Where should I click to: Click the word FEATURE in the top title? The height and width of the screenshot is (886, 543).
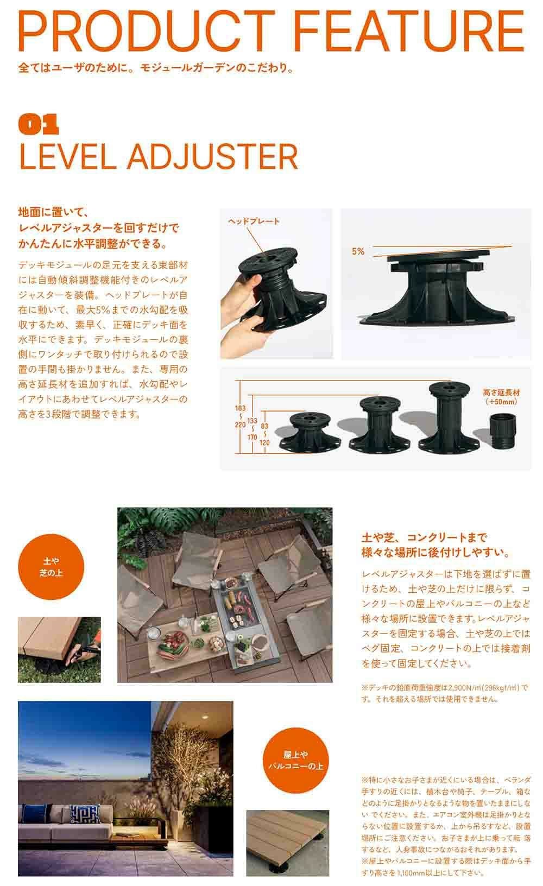click(409, 31)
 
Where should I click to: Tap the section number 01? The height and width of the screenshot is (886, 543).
click(39, 124)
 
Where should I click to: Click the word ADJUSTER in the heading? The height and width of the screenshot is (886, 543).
click(212, 157)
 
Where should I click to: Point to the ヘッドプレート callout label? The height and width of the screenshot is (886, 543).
click(254, 221)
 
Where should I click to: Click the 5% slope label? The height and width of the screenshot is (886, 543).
click(358, 251)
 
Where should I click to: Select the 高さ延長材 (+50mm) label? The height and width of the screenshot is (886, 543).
click(501, 397)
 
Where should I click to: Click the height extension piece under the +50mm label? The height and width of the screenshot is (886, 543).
click(503, 432)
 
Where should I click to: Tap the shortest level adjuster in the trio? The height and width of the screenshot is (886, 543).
click(310, 432)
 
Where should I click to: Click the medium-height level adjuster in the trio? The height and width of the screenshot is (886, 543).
click(379, 425)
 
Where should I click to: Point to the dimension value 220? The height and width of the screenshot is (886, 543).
click(240, 425)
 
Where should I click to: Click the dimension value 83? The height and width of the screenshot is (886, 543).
click(264, 426)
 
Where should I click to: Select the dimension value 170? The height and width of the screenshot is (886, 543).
click(252, 437)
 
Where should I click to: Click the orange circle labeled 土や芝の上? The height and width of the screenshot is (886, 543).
click(51, 567)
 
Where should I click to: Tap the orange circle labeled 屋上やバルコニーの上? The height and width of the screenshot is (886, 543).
click(295, 760)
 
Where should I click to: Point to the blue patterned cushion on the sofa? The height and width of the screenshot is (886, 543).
click(85, 814)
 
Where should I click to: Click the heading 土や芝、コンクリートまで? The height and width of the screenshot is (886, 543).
click(424, 537)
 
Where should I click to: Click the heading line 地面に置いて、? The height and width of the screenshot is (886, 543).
click(54, 212)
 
